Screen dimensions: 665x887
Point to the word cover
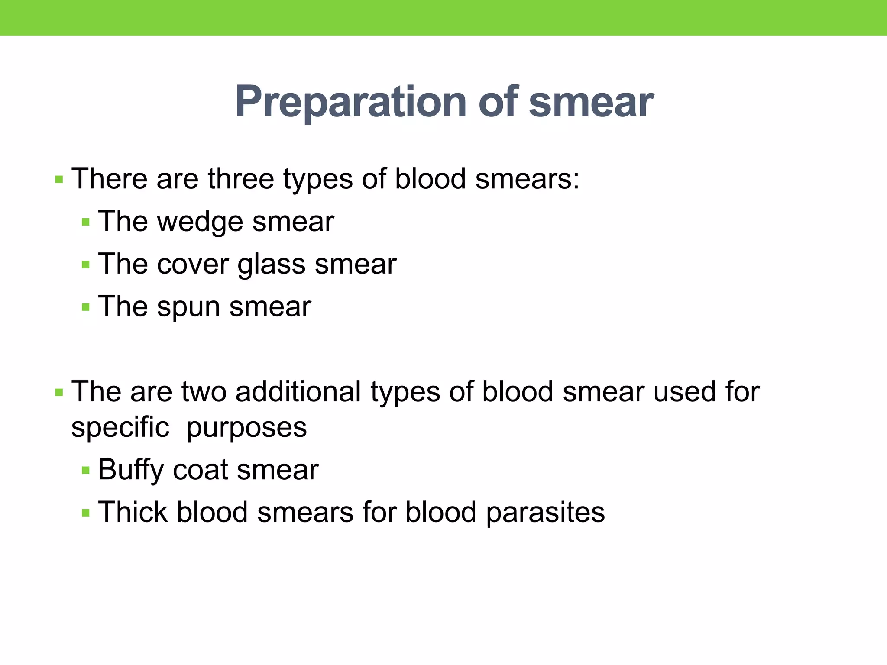193,264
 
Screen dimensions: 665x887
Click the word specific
120,428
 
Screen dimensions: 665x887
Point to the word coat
200,470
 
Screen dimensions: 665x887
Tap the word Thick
133,512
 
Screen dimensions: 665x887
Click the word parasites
545,513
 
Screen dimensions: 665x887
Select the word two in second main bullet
204,391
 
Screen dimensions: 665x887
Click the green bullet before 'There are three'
59,179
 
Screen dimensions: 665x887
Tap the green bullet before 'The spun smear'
86,307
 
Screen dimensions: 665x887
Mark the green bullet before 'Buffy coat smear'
86,470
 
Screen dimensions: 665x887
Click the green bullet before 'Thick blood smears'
86,513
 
